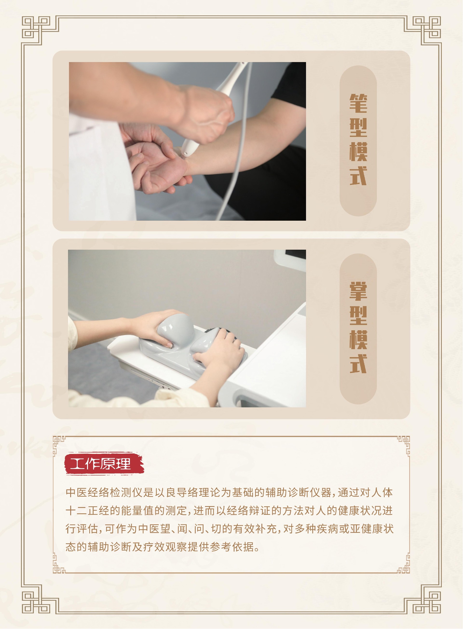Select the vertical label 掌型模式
pos(358,327)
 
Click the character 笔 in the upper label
pos(358,104)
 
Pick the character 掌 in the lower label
pos(358,291)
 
